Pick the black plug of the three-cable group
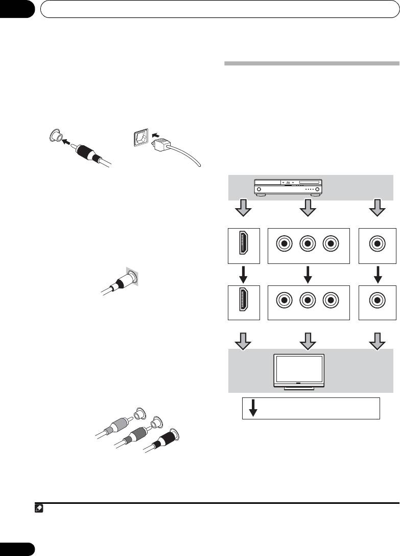tap(162, 439)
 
